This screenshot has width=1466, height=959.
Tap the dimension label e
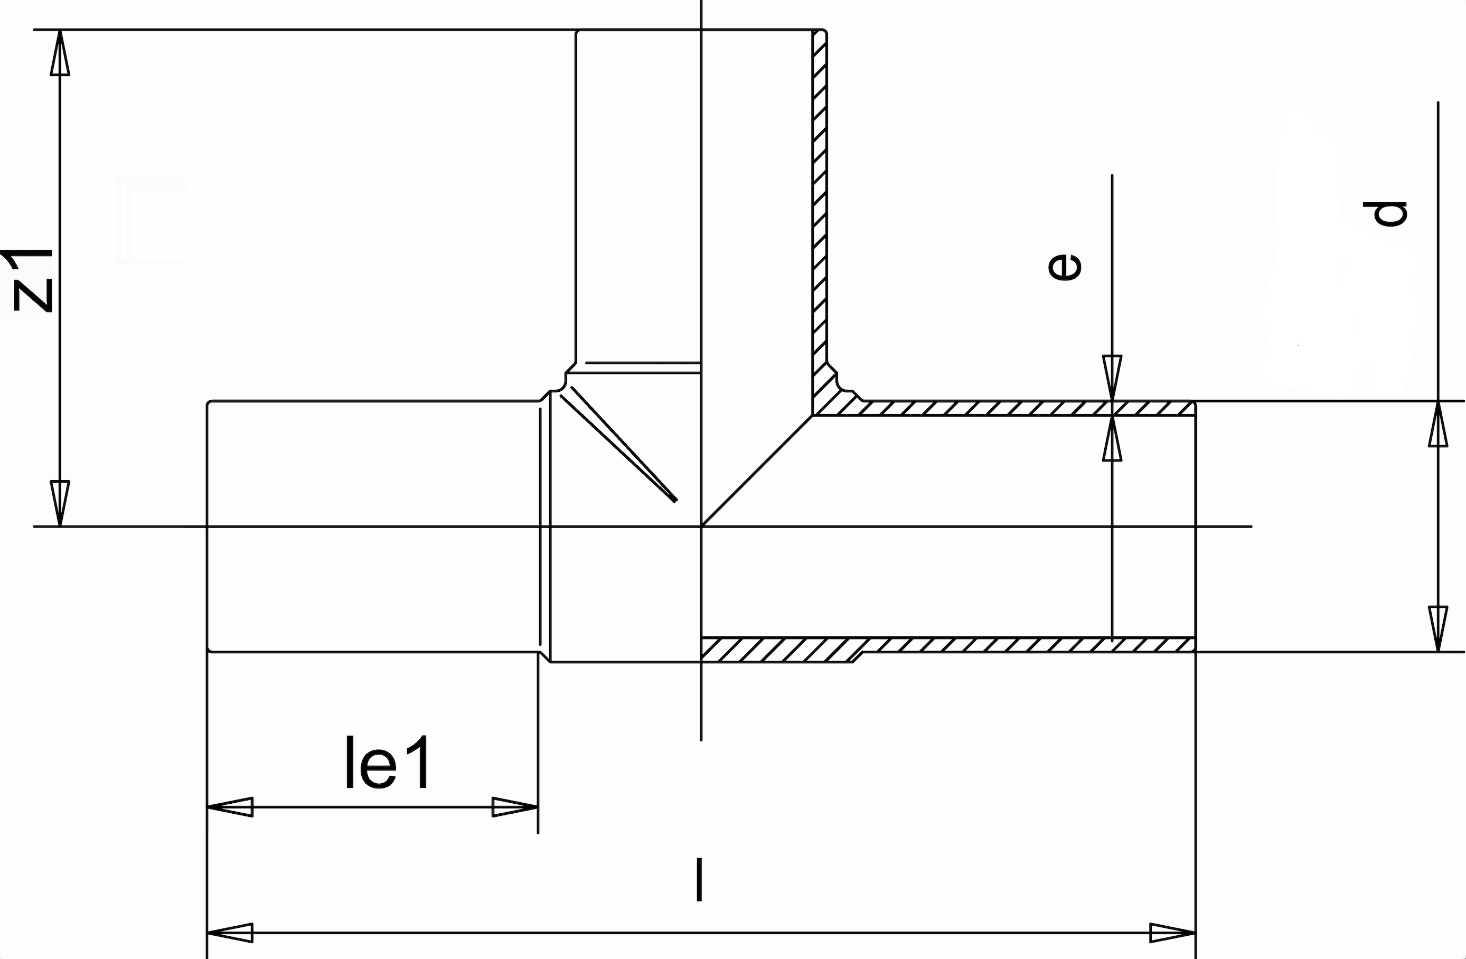[x=1066, y=267]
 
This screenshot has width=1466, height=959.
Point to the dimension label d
[x=1391, y=214]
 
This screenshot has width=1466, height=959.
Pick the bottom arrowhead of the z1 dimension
[x=60, y=503]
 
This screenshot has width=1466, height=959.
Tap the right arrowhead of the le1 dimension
[x=515, y=807]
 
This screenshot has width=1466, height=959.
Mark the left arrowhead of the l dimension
[x=229, y=933]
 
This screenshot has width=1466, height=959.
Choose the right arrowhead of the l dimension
[x=1173, y=933]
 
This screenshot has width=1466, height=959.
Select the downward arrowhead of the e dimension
[x=1112, y=378]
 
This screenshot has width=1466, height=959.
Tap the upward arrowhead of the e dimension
[x=1112, y=438]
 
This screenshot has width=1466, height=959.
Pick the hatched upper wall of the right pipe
[x=1017, y=408]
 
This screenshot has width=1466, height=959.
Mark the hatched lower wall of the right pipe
[x=1017, y=645]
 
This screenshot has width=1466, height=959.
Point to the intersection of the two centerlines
[x=702, y=526]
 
